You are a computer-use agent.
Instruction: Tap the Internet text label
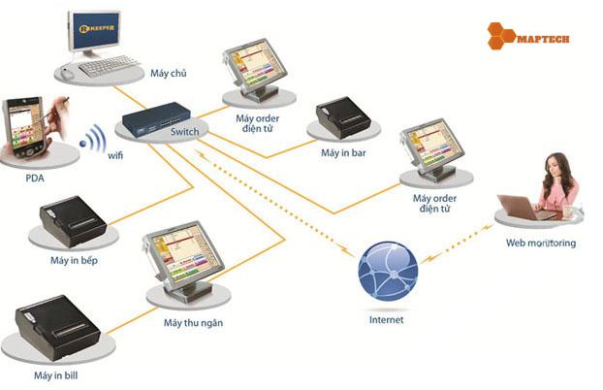(x=388, y=319)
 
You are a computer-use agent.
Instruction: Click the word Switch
(x=184, y=132)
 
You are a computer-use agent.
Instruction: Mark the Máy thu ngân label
(x=194, y=322)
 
